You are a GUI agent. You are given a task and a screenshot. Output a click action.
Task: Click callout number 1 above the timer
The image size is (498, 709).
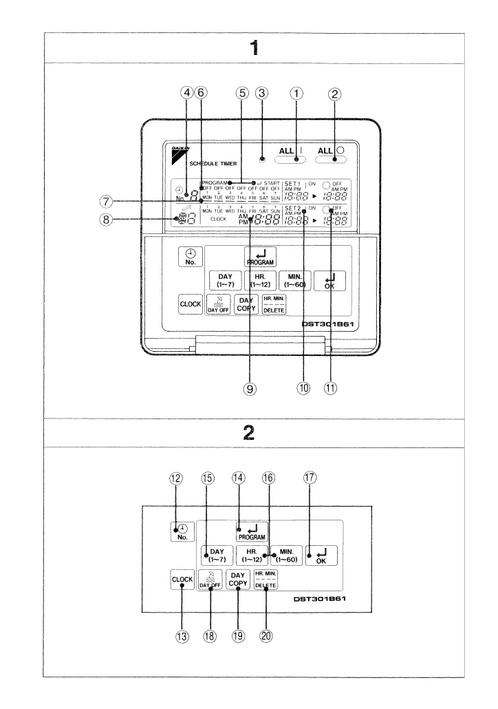pos(296,95)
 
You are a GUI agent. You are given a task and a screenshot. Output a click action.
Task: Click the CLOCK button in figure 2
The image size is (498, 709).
pos(182,580)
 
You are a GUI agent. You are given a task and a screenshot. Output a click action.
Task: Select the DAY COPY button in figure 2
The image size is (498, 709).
pos(237,580)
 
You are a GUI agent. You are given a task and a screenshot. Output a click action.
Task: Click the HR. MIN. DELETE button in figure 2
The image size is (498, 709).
pos(266,580)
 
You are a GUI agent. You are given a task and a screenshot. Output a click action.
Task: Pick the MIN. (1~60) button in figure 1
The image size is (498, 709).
pos(294,282)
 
